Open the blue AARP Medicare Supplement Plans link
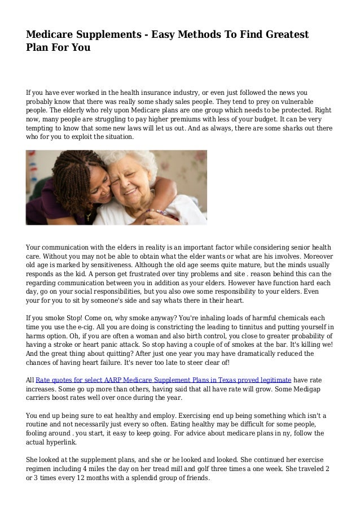[x=163, y=380]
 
